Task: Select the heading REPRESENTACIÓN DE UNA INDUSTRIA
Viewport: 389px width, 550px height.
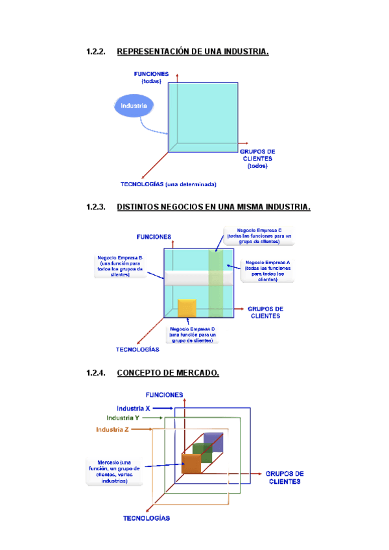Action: (x=193, y=51)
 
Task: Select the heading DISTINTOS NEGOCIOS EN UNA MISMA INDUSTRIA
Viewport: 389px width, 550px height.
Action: (x=213, y=208)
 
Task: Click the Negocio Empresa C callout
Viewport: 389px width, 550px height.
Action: (x=259, y=236)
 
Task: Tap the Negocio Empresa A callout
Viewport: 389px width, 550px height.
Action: (x=267, y=271)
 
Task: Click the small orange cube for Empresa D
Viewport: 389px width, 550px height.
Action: (x=187, y=308)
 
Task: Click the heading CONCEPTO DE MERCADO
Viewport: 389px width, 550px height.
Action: (x=168, y=373)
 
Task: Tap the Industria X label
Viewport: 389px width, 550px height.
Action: (x=134, y=409)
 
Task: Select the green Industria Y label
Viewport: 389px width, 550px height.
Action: (x=123, y=418)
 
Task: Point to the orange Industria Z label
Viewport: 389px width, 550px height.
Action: (x=112, y=430)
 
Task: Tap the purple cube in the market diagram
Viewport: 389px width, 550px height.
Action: (x=213, y=442)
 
